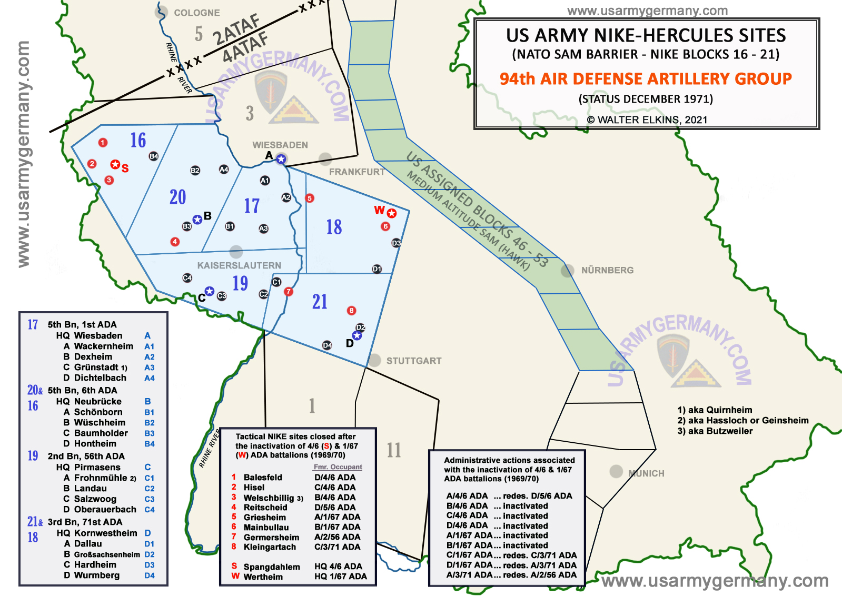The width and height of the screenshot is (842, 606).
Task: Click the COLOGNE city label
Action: (196, 13)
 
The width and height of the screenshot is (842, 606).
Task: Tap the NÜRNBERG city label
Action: (607, 270)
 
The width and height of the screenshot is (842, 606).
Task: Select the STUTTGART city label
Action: (413, 361)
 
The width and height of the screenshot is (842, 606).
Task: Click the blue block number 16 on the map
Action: (138, 141)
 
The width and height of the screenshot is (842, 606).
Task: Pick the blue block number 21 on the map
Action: (320, 302)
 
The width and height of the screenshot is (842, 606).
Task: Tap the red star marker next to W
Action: (392, 213)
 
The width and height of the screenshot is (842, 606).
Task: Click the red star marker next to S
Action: (115, 165)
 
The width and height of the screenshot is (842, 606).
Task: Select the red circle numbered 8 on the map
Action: (352, 311)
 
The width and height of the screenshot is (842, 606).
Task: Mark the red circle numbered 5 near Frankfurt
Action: (310, 198)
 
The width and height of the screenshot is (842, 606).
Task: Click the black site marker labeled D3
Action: (397, 243)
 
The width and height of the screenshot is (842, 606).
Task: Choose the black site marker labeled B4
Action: (154, 156)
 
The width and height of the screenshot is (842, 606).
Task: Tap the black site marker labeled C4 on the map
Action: (187, 277)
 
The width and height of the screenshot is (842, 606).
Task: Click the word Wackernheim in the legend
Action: (104, 346)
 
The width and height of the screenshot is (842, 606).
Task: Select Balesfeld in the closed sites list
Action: (263, 478)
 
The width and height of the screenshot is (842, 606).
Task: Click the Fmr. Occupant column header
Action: (338, 467)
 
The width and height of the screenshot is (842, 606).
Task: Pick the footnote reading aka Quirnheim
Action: (715, 410)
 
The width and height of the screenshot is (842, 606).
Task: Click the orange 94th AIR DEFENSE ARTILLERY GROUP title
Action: (646, 79)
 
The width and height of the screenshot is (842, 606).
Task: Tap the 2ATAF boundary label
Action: (236, 30)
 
